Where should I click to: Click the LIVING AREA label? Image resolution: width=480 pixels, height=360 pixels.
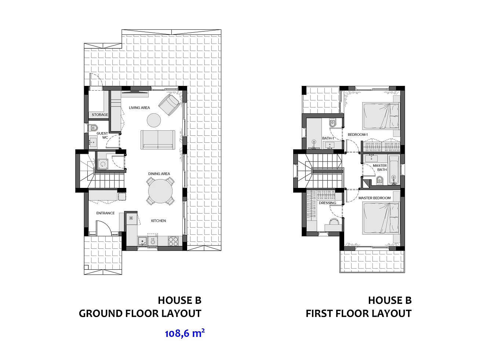[x=139, y=108]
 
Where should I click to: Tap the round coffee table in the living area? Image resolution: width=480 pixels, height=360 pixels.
[x=154, y=120]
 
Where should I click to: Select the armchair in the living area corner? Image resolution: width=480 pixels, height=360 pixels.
[x=169, y=105]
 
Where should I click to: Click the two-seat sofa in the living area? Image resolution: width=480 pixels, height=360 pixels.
[x=158, y=140]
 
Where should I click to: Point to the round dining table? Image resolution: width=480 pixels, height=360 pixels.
[x=160, y=191]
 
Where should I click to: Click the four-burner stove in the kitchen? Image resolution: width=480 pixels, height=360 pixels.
[x=173, y=241]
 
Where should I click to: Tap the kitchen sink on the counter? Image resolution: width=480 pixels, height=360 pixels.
[x=142, y=241]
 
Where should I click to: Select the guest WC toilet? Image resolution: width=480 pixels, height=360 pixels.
[x=93, y=127]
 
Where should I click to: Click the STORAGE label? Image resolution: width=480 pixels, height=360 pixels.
[x=100, y=114]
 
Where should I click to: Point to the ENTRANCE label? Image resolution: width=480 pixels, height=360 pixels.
[x=105, y=213]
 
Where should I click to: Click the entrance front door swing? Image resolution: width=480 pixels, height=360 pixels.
[x=104, y=228]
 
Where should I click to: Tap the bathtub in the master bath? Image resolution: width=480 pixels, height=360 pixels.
[x=394, y=170]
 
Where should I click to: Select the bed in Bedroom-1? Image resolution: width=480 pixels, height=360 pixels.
[x=381, y=116]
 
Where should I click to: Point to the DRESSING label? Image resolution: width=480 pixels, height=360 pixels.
[x=327, y=203]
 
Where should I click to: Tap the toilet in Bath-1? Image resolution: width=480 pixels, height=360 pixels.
[x=332, y=123]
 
